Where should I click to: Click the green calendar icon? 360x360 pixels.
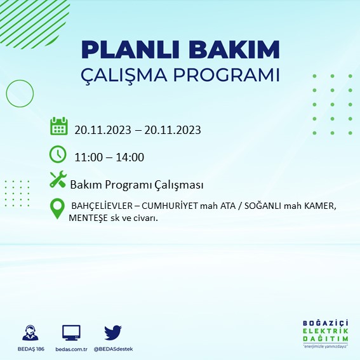(x=58, y=126)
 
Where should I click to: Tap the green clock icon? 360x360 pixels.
(x=58, y=154)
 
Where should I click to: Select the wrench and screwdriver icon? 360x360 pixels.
(x=58, y=180)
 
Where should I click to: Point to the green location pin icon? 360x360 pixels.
(x=58, y=208)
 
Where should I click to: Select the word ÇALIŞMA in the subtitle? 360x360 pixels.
(x=128, y=74)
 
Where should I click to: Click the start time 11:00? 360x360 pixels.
(x=87, y=157)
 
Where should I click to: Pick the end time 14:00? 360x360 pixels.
(x=130, y=157)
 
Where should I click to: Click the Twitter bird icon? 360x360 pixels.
(x=113, y=333)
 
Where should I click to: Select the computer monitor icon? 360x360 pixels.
(x=72, y=333)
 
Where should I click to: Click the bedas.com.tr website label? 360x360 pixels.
(x=71, y=349)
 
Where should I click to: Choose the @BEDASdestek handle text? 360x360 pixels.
(x=113, y=349)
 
